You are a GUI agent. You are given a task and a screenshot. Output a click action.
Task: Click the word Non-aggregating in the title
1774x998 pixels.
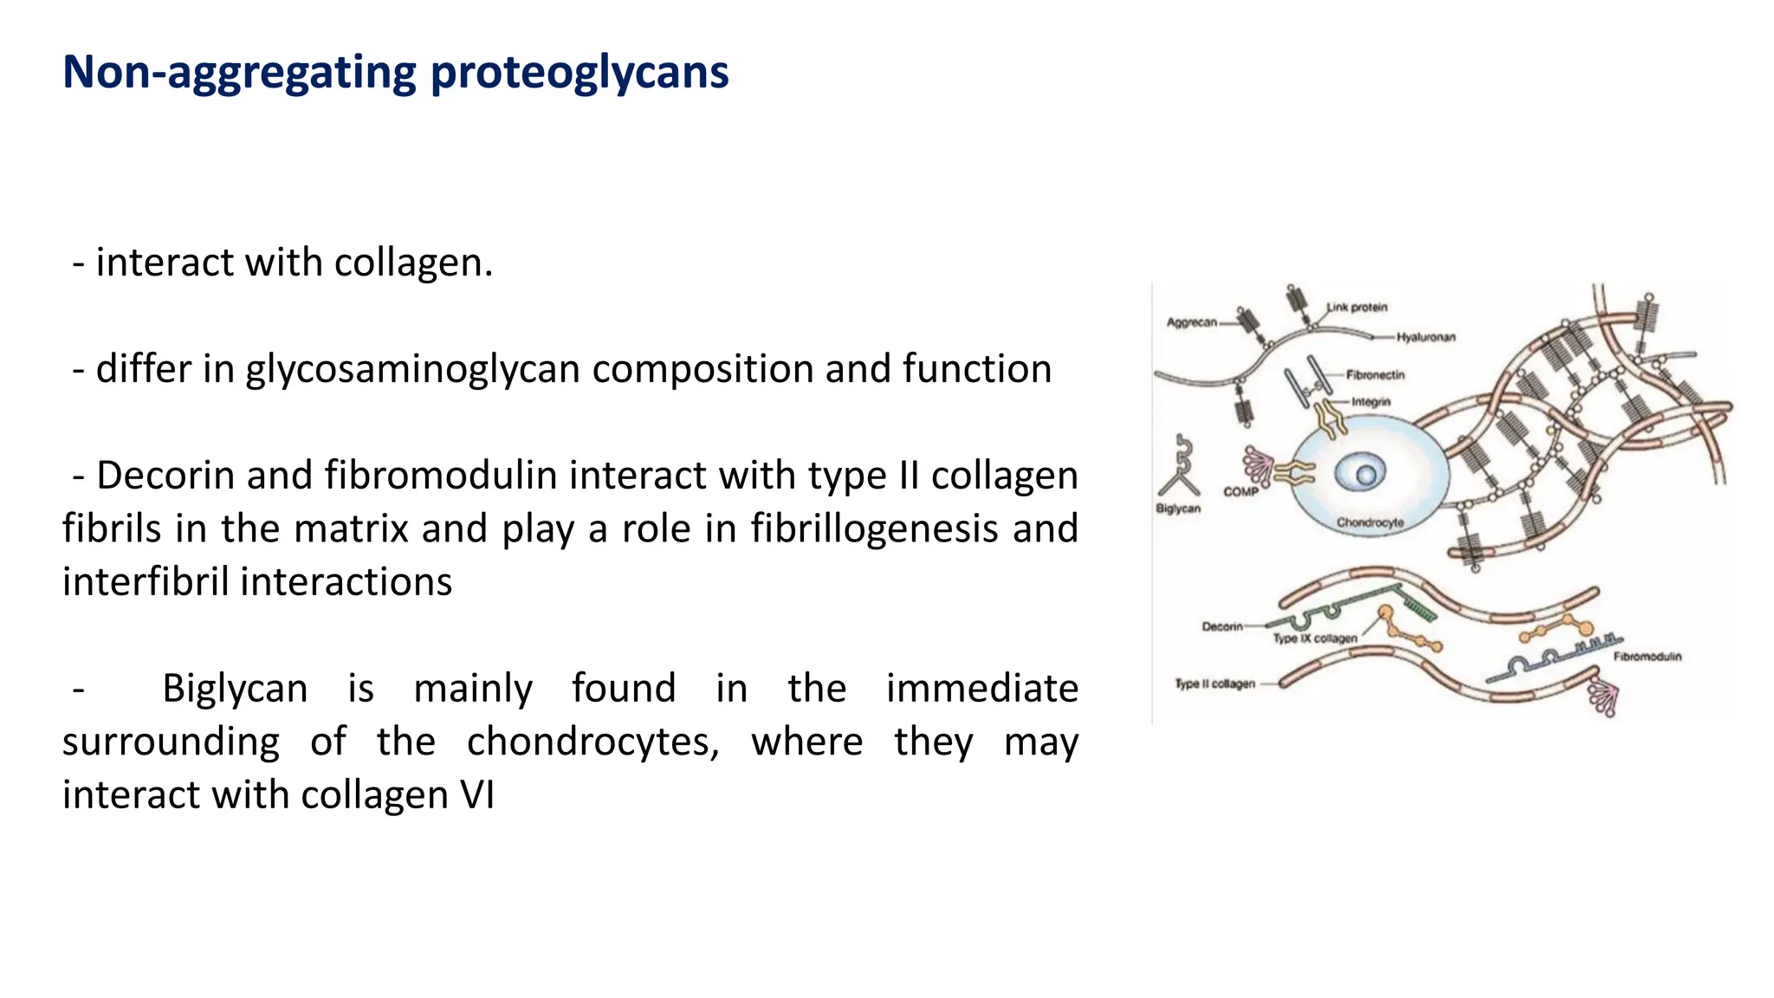pos(239,73)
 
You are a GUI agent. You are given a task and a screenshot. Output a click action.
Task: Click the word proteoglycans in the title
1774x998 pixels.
pos(579,73)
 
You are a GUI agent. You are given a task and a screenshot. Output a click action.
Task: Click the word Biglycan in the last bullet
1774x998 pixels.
pos(235,689)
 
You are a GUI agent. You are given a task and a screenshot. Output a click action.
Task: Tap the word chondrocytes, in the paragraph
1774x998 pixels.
pos(592,742)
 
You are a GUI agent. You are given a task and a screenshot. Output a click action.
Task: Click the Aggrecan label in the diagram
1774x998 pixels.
pos(1191,322)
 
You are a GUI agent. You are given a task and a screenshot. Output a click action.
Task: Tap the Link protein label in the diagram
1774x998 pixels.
pos(1357,308)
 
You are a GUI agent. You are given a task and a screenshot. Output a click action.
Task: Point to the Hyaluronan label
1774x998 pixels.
pos(1426,337)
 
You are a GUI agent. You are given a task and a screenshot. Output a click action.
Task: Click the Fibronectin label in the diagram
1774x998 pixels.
pos(1376,375)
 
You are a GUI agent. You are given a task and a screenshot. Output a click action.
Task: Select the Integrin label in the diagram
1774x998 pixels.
pos(1371,402)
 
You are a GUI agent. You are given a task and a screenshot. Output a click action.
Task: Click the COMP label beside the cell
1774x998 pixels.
pos(1240,491)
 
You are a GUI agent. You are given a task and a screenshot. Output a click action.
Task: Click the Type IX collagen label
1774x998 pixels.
pos(1315,638)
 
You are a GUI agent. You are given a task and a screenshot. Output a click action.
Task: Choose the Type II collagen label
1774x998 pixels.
pos(1214,684)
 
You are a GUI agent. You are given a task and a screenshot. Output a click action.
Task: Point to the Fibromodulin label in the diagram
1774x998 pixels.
pos(1647,657)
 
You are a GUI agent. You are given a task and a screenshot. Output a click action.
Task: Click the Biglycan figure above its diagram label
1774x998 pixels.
pos(1181,468)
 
